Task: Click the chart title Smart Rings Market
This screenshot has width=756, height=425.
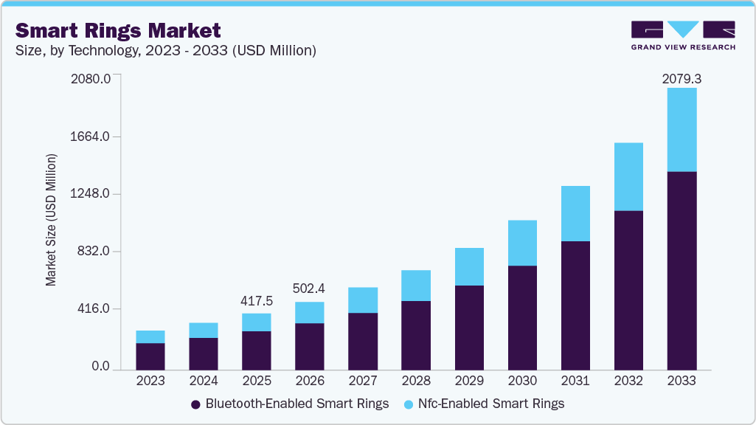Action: [118, 30]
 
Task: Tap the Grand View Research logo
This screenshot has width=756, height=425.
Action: [683, 35]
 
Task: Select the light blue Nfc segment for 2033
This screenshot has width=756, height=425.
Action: [682, 130]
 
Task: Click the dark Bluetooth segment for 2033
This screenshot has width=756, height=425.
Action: [682, 270]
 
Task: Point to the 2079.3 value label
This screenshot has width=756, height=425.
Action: [682, 77]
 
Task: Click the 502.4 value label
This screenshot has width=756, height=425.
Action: [310, 289]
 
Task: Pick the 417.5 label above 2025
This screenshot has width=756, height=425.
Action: [257, 301]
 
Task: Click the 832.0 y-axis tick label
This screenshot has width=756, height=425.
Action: [94, 252]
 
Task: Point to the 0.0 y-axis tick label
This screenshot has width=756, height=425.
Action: [101, 367]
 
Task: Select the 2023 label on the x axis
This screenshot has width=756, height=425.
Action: [150, 381]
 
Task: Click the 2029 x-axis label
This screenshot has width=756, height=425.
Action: [469, 381]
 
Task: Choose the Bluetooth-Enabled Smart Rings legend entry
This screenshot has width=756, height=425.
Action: [290, 404]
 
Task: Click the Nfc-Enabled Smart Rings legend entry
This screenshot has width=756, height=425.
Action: [484, 404]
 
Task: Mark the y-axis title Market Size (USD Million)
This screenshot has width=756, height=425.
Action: [51, 220]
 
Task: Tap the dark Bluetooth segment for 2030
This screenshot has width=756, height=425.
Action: [522, 317]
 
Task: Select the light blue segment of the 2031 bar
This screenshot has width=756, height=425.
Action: [575, 213]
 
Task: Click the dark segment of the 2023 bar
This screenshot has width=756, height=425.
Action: [150, 356]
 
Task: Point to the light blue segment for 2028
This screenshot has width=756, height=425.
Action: [416, 285]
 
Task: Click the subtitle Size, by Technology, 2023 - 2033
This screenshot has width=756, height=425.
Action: [166, 51]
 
